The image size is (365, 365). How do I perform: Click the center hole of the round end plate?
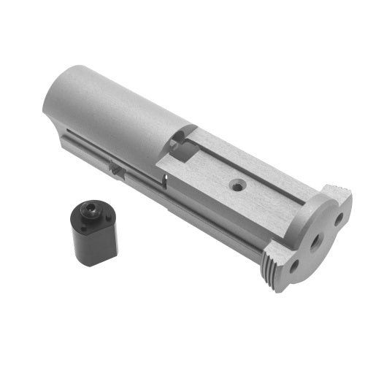317,241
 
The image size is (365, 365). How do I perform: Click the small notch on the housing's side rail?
116,167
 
